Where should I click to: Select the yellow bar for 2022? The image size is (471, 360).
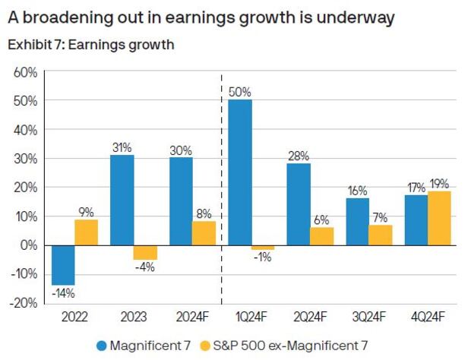[86, 232]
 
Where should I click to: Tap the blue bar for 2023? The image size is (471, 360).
[122, 200]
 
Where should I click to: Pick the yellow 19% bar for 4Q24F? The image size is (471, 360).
[439, 218]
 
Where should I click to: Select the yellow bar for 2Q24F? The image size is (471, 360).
[321, 236]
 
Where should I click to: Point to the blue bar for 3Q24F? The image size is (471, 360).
[357, 222]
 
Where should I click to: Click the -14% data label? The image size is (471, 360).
[63, 292]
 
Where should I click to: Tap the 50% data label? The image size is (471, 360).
[240, 92]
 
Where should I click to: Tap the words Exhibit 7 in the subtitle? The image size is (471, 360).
[32, 44]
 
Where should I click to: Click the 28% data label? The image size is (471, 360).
[298, 155]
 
